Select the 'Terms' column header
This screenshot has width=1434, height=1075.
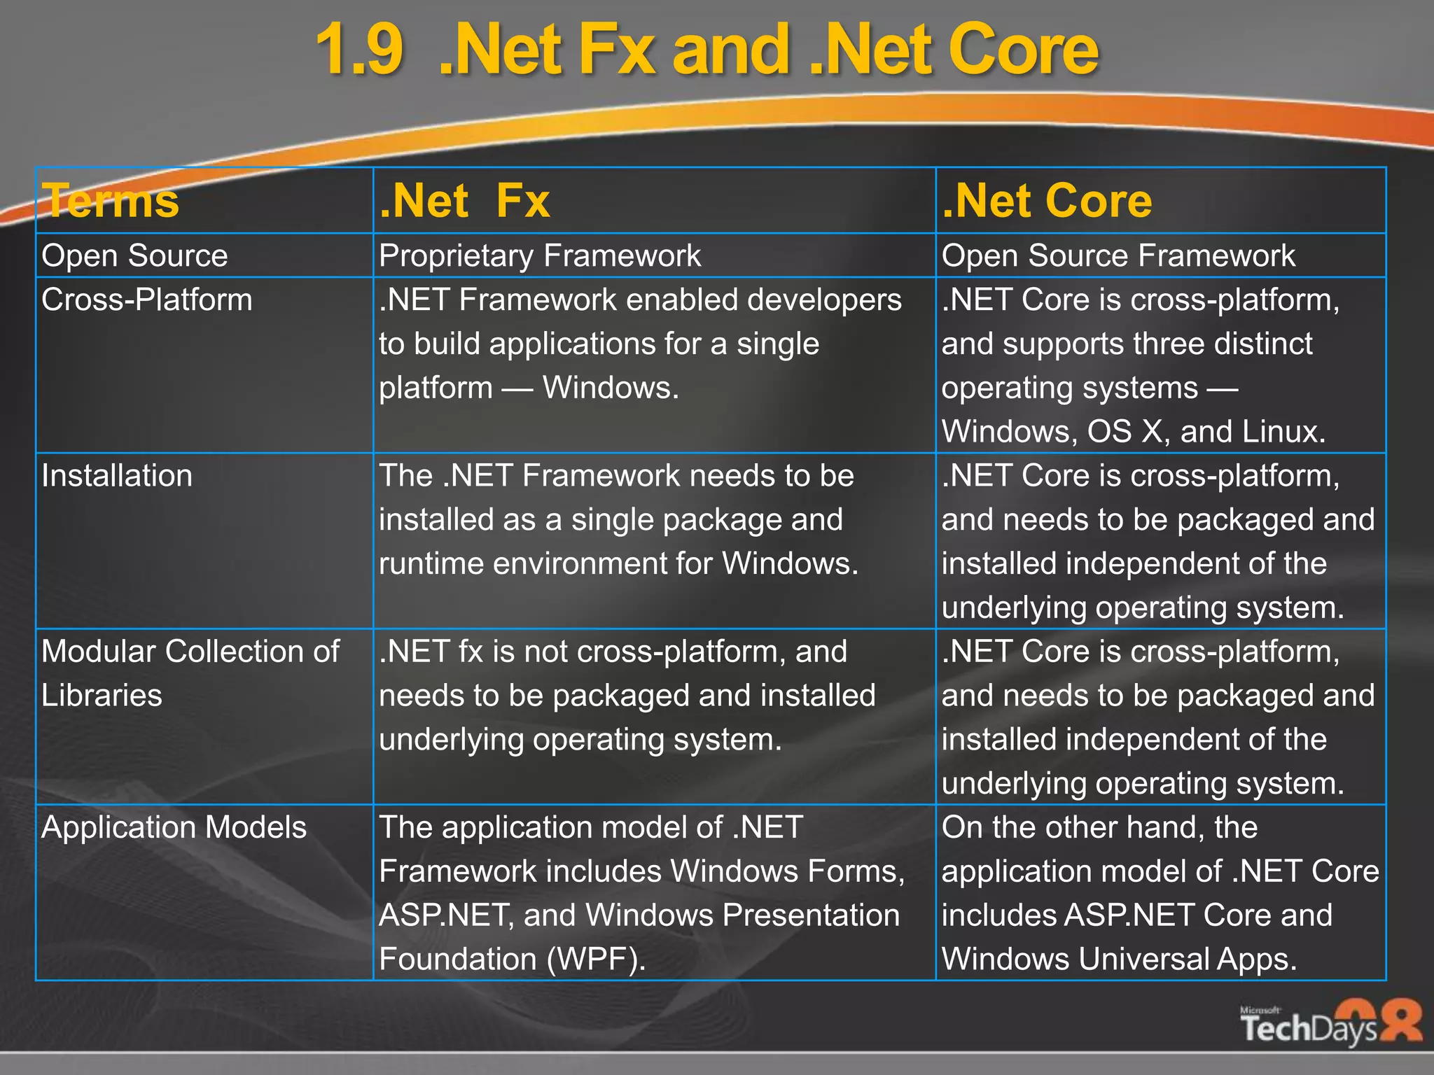click(111, 201)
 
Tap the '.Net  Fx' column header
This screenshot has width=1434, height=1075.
click(464, 201)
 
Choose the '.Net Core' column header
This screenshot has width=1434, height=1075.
click(1047, 201)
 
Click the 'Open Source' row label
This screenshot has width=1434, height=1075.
click(134, 255)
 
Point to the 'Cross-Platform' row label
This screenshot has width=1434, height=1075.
click(146, 300)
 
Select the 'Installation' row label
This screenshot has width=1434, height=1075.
click(117, 476)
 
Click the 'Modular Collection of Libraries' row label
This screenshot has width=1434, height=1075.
click(190, 672)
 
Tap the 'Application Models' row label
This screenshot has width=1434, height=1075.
click(174, 827)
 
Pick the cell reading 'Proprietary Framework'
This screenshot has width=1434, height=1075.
click(540, 255)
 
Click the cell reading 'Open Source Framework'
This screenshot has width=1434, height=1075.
click(1118, 255)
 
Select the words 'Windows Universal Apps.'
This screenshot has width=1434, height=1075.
click(1119, 960)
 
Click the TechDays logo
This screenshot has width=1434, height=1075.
click(1330, 1023)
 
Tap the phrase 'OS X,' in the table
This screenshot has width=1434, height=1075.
click(1128, 432)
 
